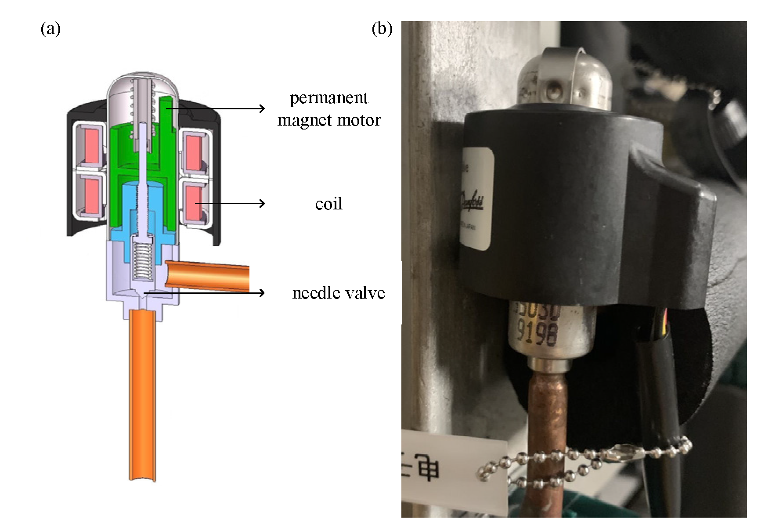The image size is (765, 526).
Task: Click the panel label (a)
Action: (51, 29)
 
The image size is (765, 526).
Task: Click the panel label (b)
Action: (382, 29)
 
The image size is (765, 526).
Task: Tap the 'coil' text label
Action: (328, 204)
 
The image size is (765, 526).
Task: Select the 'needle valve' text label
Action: (338, 293)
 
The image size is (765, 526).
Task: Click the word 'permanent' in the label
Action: (328, 98)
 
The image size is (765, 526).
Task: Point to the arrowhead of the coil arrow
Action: (263, 203)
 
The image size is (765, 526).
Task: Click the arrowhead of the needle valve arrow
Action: (263, 292)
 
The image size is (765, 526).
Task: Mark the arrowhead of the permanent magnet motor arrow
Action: (263, 108)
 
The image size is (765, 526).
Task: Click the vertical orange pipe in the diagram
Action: (142, 395)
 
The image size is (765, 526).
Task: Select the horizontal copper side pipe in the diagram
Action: (206, 275)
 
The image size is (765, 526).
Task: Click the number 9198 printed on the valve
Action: (537, 334)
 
